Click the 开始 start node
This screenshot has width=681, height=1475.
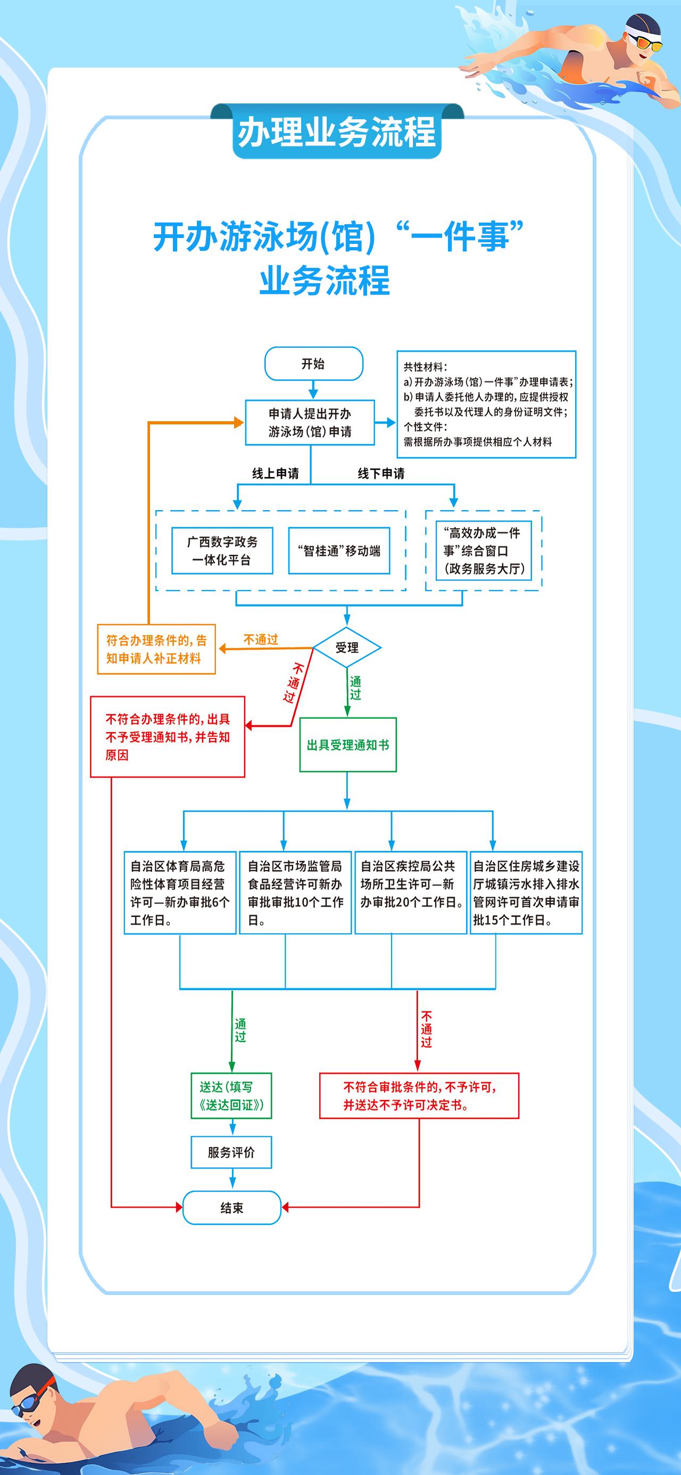(x=313, y=364)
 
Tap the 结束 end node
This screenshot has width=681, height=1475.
(x=232, y=1208)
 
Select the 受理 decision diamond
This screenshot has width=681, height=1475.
(x=347, y=648)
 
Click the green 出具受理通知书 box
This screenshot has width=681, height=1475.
(x=348, y=744)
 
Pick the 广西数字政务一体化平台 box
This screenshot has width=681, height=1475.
(x=222, y=550)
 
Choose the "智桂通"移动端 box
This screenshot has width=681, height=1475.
(x=339, y=550)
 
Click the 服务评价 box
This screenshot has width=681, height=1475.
(x=231, y=1152)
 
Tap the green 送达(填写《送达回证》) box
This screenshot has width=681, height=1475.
(x=231, y=1095)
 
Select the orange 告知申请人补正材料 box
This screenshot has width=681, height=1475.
(x=156, y=649)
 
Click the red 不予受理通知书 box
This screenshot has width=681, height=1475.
(x=168, y=736)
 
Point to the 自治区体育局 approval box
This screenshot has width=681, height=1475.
(x=180, y=892)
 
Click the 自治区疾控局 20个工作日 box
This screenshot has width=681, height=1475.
(x=411, y=892)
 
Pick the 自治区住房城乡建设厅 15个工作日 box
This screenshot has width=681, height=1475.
(x=526, y=892)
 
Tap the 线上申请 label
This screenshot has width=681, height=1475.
(x=275, y=473)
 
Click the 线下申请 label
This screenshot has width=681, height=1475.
(x=381, y=473)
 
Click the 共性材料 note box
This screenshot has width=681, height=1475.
(x=486, y=404)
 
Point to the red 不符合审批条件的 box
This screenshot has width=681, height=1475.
(x=419, y=1095)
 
